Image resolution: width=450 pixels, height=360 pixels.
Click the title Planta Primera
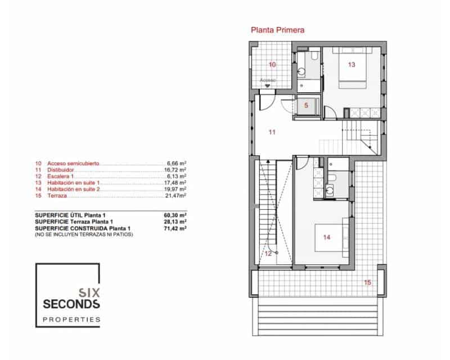pos(278,31)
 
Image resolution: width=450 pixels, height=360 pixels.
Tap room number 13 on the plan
pos(352,65)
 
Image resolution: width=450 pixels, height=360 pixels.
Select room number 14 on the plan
pos(327,237)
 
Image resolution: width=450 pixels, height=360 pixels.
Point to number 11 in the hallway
pos(272,133)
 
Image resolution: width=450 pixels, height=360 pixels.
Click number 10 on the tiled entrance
pos(272,65)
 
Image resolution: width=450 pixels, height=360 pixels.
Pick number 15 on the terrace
pos(367,282)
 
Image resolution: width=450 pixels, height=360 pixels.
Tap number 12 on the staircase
pos(268,254)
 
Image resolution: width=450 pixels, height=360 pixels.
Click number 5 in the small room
pos(306,105)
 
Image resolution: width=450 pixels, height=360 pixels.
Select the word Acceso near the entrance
pos(268,80)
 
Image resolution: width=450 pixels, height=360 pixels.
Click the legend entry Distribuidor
pos(61,169)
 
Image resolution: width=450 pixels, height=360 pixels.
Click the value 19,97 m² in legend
pos(175,188)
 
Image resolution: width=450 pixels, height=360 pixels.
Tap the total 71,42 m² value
pos(175,228)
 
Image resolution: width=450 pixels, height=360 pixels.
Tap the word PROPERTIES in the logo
pos(71,319)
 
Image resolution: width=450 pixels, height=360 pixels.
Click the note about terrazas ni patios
pos(83,235)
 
